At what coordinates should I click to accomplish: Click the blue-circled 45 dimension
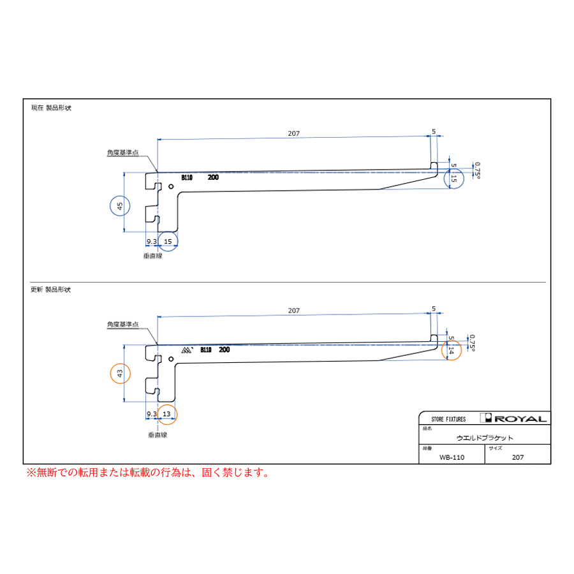[120, 206]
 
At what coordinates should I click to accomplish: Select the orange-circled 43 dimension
[120, 373]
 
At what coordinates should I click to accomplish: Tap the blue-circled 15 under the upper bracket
[168, 242]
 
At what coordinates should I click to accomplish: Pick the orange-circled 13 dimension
[166, 414]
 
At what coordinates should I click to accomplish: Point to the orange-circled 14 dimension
[451, 350]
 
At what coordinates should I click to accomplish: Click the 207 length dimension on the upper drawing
[293, 134]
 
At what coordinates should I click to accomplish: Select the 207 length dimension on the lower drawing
[293, 311]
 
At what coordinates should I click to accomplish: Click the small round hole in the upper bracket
[171, 187]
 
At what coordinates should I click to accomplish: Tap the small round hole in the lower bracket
[171, 359]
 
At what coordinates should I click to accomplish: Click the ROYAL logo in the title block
[513, 418]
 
